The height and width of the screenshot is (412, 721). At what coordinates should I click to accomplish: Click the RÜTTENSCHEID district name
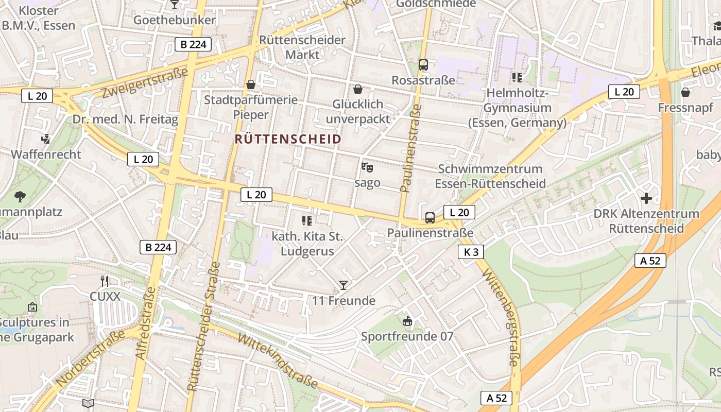288,139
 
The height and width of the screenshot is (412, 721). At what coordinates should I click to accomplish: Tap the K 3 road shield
471,252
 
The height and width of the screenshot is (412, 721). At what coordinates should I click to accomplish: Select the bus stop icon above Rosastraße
423,65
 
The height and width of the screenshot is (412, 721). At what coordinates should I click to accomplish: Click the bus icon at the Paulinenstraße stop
430,218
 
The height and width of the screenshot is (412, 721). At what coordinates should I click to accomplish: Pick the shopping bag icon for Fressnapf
685,92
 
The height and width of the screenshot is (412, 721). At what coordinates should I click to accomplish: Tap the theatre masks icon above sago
367,167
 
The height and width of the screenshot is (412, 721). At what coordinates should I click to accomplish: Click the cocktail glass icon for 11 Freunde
344,285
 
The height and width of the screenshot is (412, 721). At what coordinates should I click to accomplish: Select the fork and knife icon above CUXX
105,281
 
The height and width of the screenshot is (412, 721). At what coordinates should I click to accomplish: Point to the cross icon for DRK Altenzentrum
646,198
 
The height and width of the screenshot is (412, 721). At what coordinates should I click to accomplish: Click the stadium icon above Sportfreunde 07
407,321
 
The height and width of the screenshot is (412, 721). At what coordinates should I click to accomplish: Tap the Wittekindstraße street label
278,359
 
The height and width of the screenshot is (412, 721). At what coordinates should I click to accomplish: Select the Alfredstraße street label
145,323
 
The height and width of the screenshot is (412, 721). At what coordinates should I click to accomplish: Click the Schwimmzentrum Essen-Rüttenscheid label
490,176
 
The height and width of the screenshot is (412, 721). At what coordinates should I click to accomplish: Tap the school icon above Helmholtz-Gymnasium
517,78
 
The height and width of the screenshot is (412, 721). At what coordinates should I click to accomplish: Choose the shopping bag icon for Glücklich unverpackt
358,89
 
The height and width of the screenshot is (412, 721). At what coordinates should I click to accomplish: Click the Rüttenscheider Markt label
302,47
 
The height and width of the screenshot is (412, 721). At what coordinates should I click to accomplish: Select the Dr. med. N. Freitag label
125,119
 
